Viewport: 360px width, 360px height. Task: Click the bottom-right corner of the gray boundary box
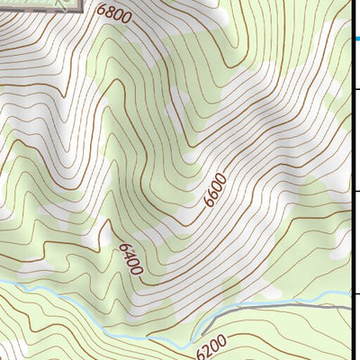86,11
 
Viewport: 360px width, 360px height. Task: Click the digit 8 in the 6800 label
108,13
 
